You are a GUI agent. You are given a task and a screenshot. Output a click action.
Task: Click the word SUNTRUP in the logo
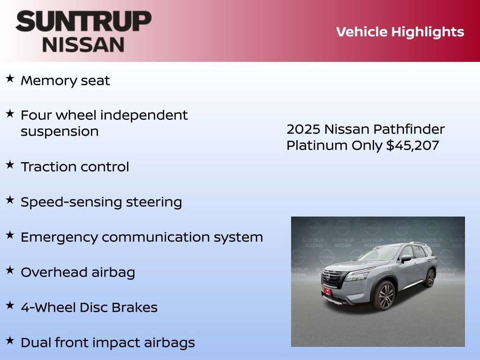[83, 22]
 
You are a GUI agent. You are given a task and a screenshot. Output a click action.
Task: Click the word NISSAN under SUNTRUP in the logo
[83, 45]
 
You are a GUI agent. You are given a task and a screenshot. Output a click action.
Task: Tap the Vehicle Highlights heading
[400, 32]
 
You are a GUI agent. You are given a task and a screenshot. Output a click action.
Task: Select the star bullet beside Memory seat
[10, 79]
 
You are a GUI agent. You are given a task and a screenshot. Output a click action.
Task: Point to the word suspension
[60, 131]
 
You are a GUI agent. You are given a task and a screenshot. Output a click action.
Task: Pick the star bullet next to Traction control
[10, 165]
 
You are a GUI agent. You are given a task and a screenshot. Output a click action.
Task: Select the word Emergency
[59, 237]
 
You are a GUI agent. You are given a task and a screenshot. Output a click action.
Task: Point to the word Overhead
[52, 272]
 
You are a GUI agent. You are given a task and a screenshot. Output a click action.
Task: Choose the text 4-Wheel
[42, 307]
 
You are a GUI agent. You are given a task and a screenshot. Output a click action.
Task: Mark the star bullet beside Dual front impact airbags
[10, 341]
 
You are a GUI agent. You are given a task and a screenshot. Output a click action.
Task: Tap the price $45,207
[412, 145]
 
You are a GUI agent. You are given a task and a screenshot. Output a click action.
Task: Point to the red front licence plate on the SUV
[327, 291]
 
